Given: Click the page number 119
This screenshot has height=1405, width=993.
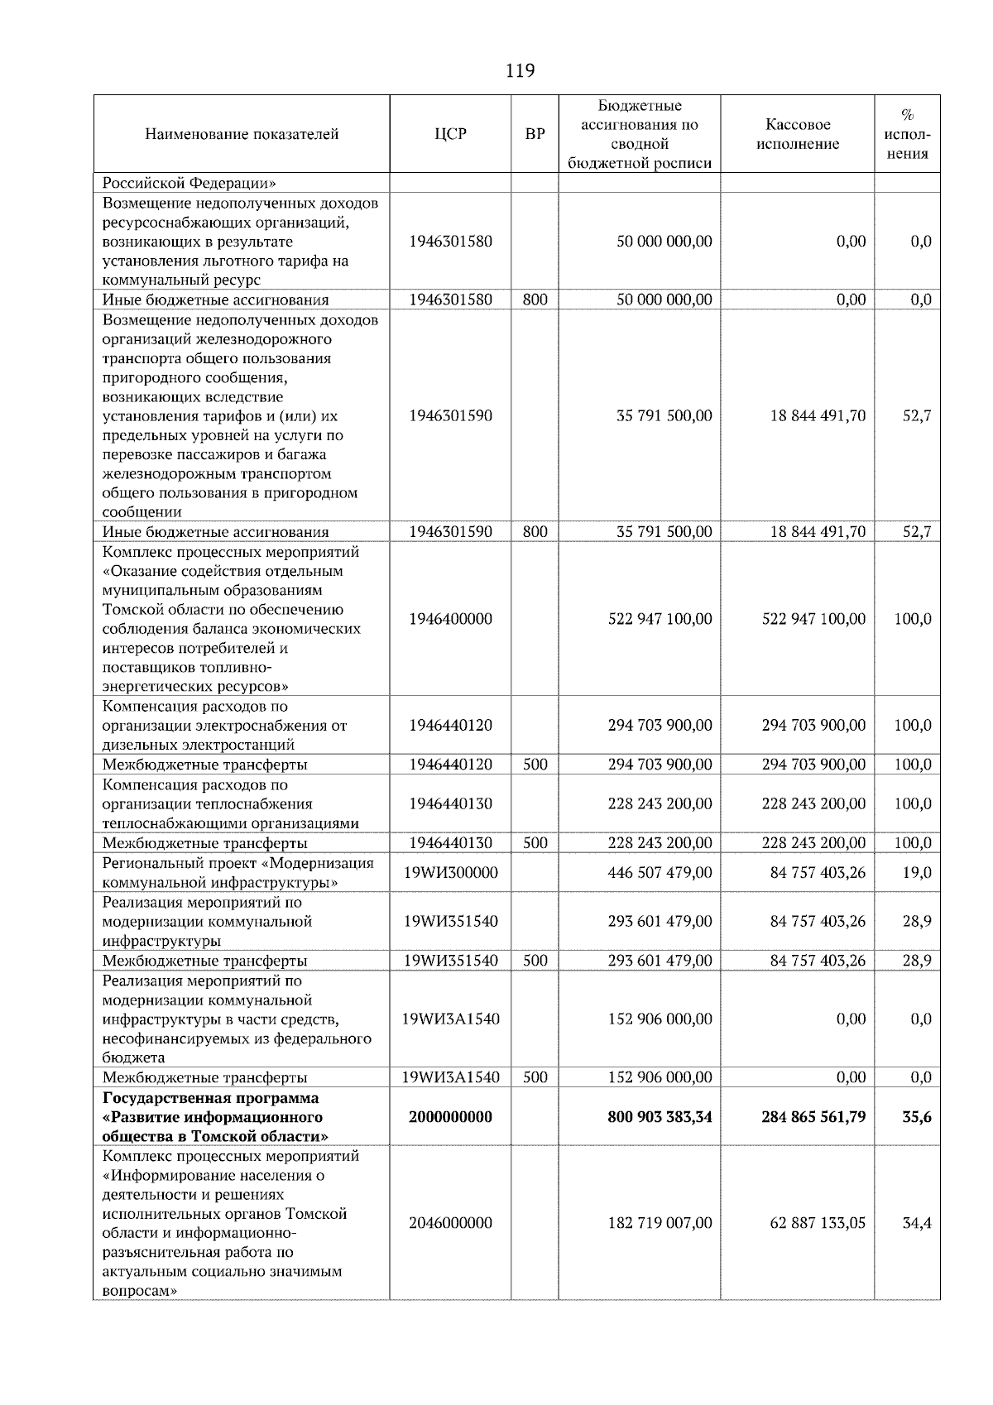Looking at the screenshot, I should coord(520,71).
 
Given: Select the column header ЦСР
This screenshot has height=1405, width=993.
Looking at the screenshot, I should coord(450,134).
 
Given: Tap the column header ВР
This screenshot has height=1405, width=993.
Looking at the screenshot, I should coord(535,134).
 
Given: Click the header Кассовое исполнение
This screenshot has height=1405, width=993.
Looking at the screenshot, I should coord(798,134).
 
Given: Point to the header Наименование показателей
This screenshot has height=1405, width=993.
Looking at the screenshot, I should coord(242,134).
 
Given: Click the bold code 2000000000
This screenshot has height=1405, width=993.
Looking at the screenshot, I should coord(450,1117).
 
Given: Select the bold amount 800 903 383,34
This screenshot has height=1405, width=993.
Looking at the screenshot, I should coord(660,1117).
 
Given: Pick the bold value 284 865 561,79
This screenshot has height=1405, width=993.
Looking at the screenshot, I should coord(813,1117).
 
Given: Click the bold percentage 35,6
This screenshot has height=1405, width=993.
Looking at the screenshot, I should coord(916,1117).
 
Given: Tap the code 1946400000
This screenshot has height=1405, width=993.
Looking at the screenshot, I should coord(450,619).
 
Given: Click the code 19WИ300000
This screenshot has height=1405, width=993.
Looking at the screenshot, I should coord(450,873).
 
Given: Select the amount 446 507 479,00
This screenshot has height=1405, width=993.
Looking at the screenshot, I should coord(660,873).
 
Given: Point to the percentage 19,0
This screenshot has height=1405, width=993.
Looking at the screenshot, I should coord(917,873).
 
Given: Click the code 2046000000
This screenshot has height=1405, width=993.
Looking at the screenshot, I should coord(450,1223).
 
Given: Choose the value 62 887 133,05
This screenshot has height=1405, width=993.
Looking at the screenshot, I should coord(818,1223).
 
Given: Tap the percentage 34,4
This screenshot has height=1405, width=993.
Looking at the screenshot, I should coord(917,1223).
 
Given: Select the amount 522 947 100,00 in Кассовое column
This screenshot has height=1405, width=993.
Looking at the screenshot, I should coord(813,619).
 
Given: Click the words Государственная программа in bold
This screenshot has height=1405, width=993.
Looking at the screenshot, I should coord(210,1098).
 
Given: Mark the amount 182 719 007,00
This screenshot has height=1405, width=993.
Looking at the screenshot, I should coord(660,1223).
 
